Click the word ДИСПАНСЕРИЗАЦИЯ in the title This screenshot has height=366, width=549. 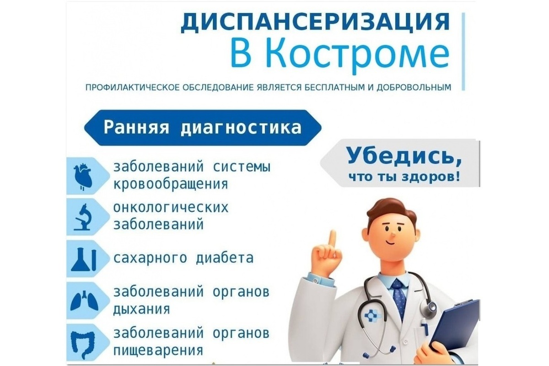coord(315,22)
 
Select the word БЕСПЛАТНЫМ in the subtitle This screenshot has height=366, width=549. coord(334,87)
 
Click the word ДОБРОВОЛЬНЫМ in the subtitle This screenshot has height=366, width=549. coord(414,87)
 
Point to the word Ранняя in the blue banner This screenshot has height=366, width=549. coord(136,128)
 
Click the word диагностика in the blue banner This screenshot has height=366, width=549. coord(241,128)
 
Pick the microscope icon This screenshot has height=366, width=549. coord(83,217)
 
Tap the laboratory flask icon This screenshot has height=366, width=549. coord(83,259)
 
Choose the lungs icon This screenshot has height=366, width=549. coord(84,301)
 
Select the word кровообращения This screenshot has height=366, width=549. coord(171,184)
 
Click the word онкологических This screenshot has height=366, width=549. coord(171,208)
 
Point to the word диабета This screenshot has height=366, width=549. coord(225,258)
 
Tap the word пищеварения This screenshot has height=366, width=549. coord(158,350)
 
